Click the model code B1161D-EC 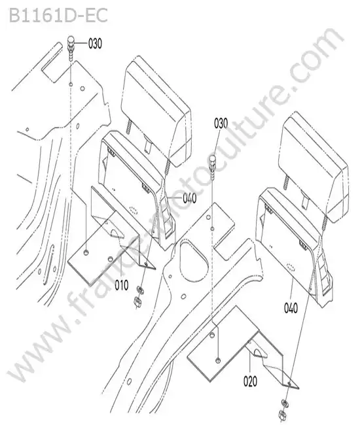[x=58, y=16]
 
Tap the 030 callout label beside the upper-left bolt [x=95, y=43]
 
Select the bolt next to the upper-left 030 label [x=71, y=48]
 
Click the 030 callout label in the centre [x=221, y=124]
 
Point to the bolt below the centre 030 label [x=213, y=167]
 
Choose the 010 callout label [x=122, y=285]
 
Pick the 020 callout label [x=250, y=382]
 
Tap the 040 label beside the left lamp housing [x=190, y=198]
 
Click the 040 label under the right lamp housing [x=291, y=308]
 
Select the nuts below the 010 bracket [x=139, y=297]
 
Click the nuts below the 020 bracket [x=284, y=412]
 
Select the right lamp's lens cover [x=314, y=167]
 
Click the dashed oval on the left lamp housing [x=134, y=210]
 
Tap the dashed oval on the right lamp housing [x=291, y=267]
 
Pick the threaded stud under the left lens [x=129, y=127]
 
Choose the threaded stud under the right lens [x=285, y=182]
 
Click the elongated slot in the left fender [x=48, y=264]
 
